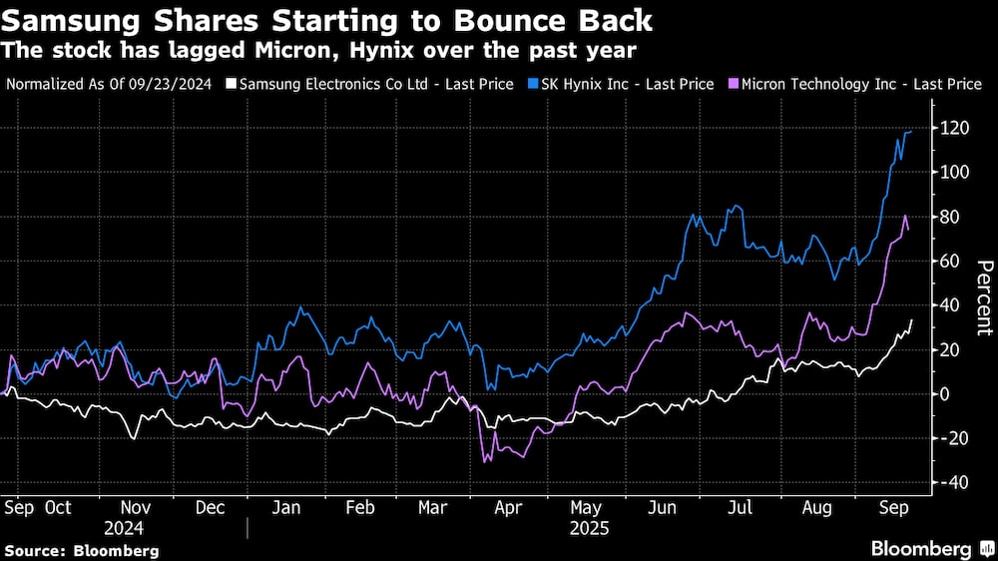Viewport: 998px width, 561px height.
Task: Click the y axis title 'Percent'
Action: pyautogui.click(x=984, y=296)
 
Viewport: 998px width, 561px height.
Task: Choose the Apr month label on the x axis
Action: pyautogui.click(x=510, y=507)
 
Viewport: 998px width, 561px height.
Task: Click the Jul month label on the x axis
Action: pyautogui.click(x=740, y=507)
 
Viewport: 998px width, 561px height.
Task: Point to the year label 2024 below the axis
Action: pyautogui.click(x=124, y=528)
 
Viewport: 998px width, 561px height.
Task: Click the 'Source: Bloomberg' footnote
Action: pyautogui.click(x=82, y=550)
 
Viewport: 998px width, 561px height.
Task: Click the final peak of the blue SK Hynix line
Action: pyautogui.click(x=910, y=131)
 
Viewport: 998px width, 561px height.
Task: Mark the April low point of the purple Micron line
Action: pyautogui.click(x=485, y=461)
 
